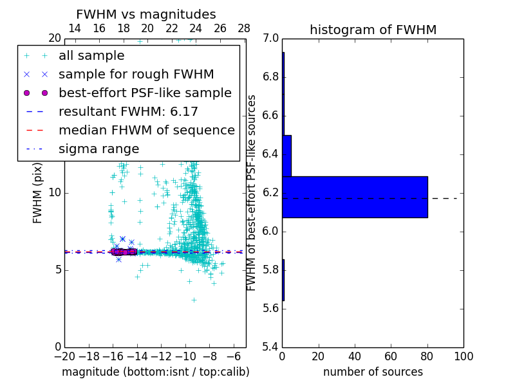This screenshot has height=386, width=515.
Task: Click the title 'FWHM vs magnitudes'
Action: (x=146, y=15)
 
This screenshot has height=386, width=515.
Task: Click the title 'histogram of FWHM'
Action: (x=373, y=30)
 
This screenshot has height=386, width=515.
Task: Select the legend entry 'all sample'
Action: (x=91, y=56)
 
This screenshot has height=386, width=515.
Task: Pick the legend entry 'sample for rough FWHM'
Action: (x=136, y=75)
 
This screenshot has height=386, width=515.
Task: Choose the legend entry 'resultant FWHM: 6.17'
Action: (x=128, y=112)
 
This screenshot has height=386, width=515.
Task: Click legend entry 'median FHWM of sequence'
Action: (x=146, y=131)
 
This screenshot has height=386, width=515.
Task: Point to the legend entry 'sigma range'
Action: (x=98, y=149)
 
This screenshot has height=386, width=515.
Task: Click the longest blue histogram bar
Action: (x=355, y=197)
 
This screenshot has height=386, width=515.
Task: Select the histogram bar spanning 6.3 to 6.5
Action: (x=287, y=156)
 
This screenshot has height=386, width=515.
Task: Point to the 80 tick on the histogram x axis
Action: (x=427, y=356)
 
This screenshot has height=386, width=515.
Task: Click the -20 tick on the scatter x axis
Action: (x=64, y=356)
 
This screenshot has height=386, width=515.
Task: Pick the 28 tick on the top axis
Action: (x=244, y=29)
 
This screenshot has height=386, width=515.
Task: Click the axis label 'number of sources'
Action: (x=373, y=372)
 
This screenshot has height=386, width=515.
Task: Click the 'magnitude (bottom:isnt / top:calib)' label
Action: (x=155, y=372)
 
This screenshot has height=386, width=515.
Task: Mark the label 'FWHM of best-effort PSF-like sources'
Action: (x=252, y=193)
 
